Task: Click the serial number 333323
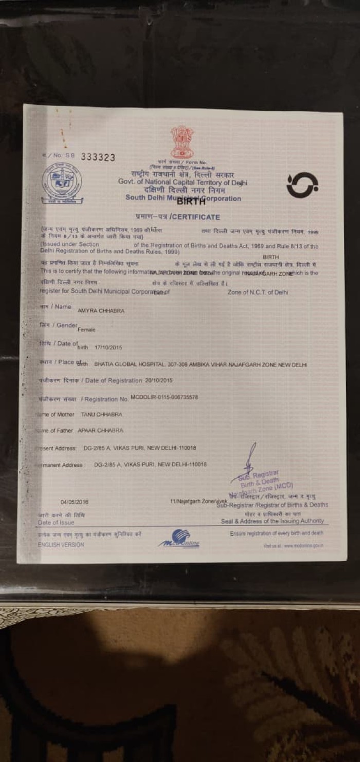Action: [98, 157]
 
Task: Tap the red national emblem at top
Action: [182, 141]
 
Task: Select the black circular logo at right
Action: [302, 185]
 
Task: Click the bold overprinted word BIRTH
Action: [191, 201]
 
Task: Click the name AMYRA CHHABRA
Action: [101, 311]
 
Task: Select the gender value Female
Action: [86, 330]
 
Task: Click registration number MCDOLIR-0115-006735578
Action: [164, 397]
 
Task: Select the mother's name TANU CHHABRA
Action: [101, 414]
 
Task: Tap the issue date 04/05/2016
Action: [75, 502]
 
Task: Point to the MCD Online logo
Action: [179, 539]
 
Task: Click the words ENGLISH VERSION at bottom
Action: [61, 545]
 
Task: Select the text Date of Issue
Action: [56, 522]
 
